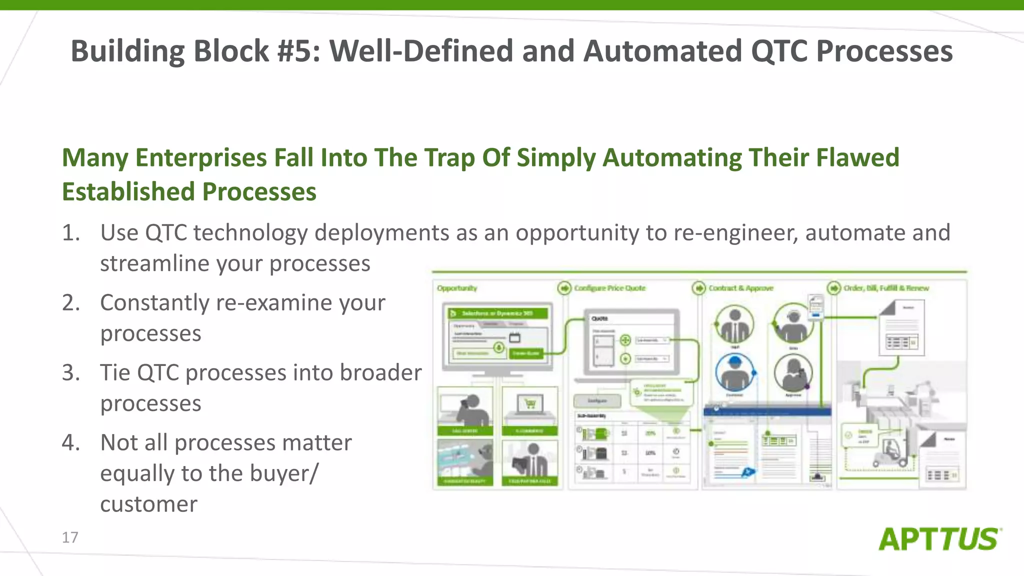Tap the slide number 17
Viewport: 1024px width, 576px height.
(70, 537)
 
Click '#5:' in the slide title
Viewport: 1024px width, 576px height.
(298, 51)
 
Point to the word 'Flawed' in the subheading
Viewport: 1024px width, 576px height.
(857, 157)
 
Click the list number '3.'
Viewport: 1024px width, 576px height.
(71, 373)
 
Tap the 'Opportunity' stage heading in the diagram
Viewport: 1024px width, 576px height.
(457, 288)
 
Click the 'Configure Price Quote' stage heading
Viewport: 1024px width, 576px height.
(609, 288)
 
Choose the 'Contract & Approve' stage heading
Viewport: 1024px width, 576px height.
(740, 288)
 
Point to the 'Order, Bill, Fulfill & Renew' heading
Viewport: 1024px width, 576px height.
(886, 288)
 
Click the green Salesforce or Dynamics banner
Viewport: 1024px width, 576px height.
(498, 313)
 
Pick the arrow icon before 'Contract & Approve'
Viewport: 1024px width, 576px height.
(698, 288)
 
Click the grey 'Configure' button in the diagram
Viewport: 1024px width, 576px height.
(597, 401)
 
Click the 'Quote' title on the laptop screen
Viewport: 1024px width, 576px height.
(599, 318)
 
